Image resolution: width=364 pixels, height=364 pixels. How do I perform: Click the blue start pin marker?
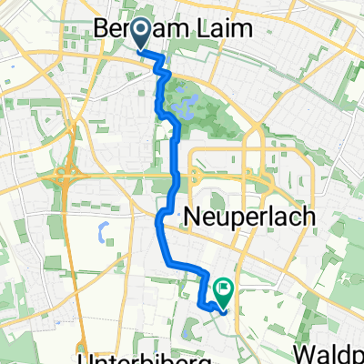[x=142, y=34]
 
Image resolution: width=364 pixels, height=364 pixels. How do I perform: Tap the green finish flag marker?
[x=222, y=289]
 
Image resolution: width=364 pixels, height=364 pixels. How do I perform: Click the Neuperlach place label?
[x=248, y=217]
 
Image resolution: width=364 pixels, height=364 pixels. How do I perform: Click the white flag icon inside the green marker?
[x=223, y=288]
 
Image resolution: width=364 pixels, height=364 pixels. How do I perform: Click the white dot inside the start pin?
[x=142, y=32]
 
